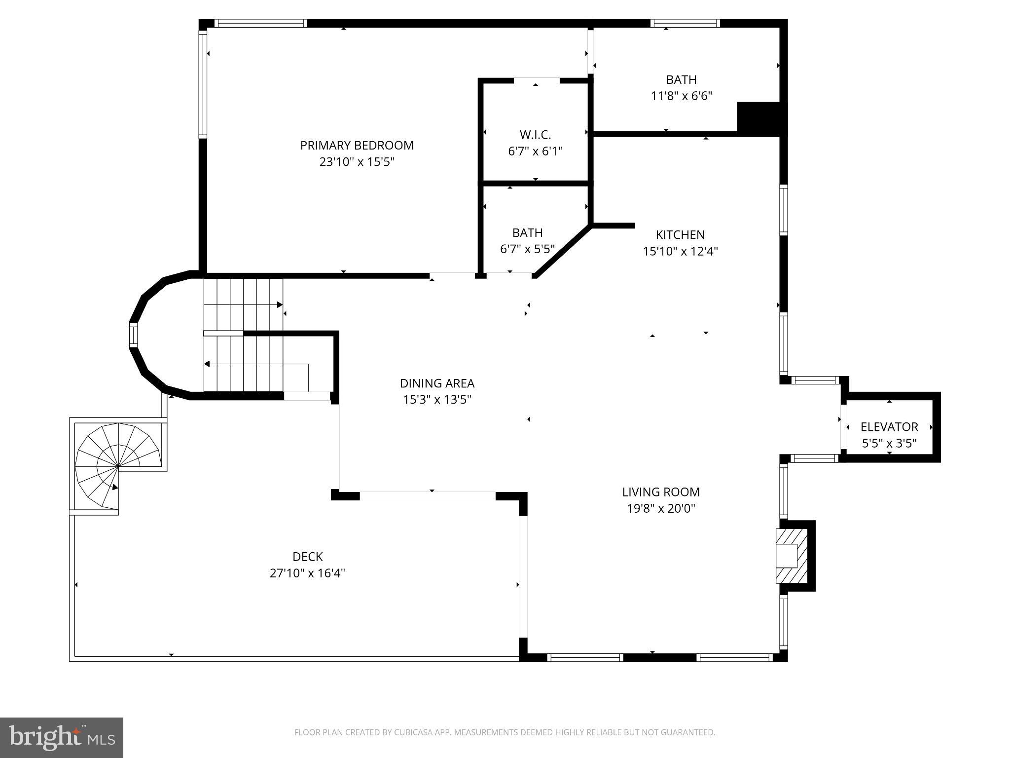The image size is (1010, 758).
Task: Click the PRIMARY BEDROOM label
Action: (x=357, y=146)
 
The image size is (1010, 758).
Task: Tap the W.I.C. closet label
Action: (x=535, y=135)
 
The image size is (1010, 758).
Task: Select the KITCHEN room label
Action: (x=680, y=235)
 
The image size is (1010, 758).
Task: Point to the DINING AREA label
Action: (x=437, y=383)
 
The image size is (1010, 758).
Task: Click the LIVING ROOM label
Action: (x=661, y=492)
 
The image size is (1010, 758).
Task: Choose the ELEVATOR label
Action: (x=889, y=427)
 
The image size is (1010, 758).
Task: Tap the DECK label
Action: (x=308, y=557)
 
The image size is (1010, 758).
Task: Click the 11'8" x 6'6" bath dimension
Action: (x=682, y=96)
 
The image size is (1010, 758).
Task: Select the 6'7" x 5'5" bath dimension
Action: (x=528, y=249)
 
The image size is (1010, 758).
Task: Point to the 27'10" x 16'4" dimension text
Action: (x=307, y=573)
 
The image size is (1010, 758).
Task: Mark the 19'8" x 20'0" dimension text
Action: (x=661, y=508)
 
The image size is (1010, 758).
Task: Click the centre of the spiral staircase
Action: (x=118, y=465)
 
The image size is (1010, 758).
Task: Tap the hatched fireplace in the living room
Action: (x=792, y=556)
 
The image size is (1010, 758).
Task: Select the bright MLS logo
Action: (x=62, y=737)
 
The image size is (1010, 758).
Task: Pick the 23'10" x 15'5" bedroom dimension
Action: (x=357, y=162)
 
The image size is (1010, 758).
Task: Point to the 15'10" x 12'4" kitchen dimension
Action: (x=680, y=251)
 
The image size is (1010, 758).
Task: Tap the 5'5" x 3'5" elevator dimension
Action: (x=889, y=443)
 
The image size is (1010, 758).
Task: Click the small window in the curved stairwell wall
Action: (x=133, y=335)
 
